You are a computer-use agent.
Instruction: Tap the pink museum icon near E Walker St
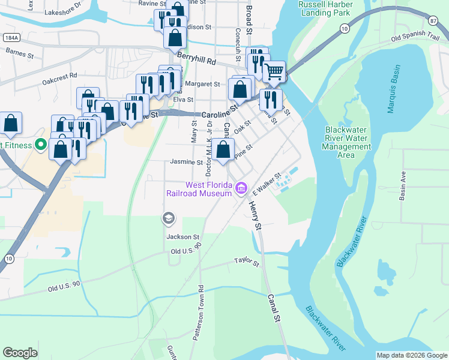tap(241, 189)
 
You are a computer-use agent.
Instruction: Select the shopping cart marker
tap(274, 72)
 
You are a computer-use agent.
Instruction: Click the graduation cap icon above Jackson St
tap(169, 218)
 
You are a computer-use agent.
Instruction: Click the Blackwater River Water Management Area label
tap(346, 142)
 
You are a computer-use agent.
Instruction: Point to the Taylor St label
tap(246, 263)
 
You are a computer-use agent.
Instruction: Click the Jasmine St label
tap(186, 162)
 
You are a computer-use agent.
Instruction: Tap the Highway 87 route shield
tap(433, 20)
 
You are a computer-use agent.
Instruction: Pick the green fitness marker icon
tap(40, 145)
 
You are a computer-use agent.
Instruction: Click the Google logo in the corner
tap(20, 353)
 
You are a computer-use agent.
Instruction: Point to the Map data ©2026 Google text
tap(412, 355)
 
